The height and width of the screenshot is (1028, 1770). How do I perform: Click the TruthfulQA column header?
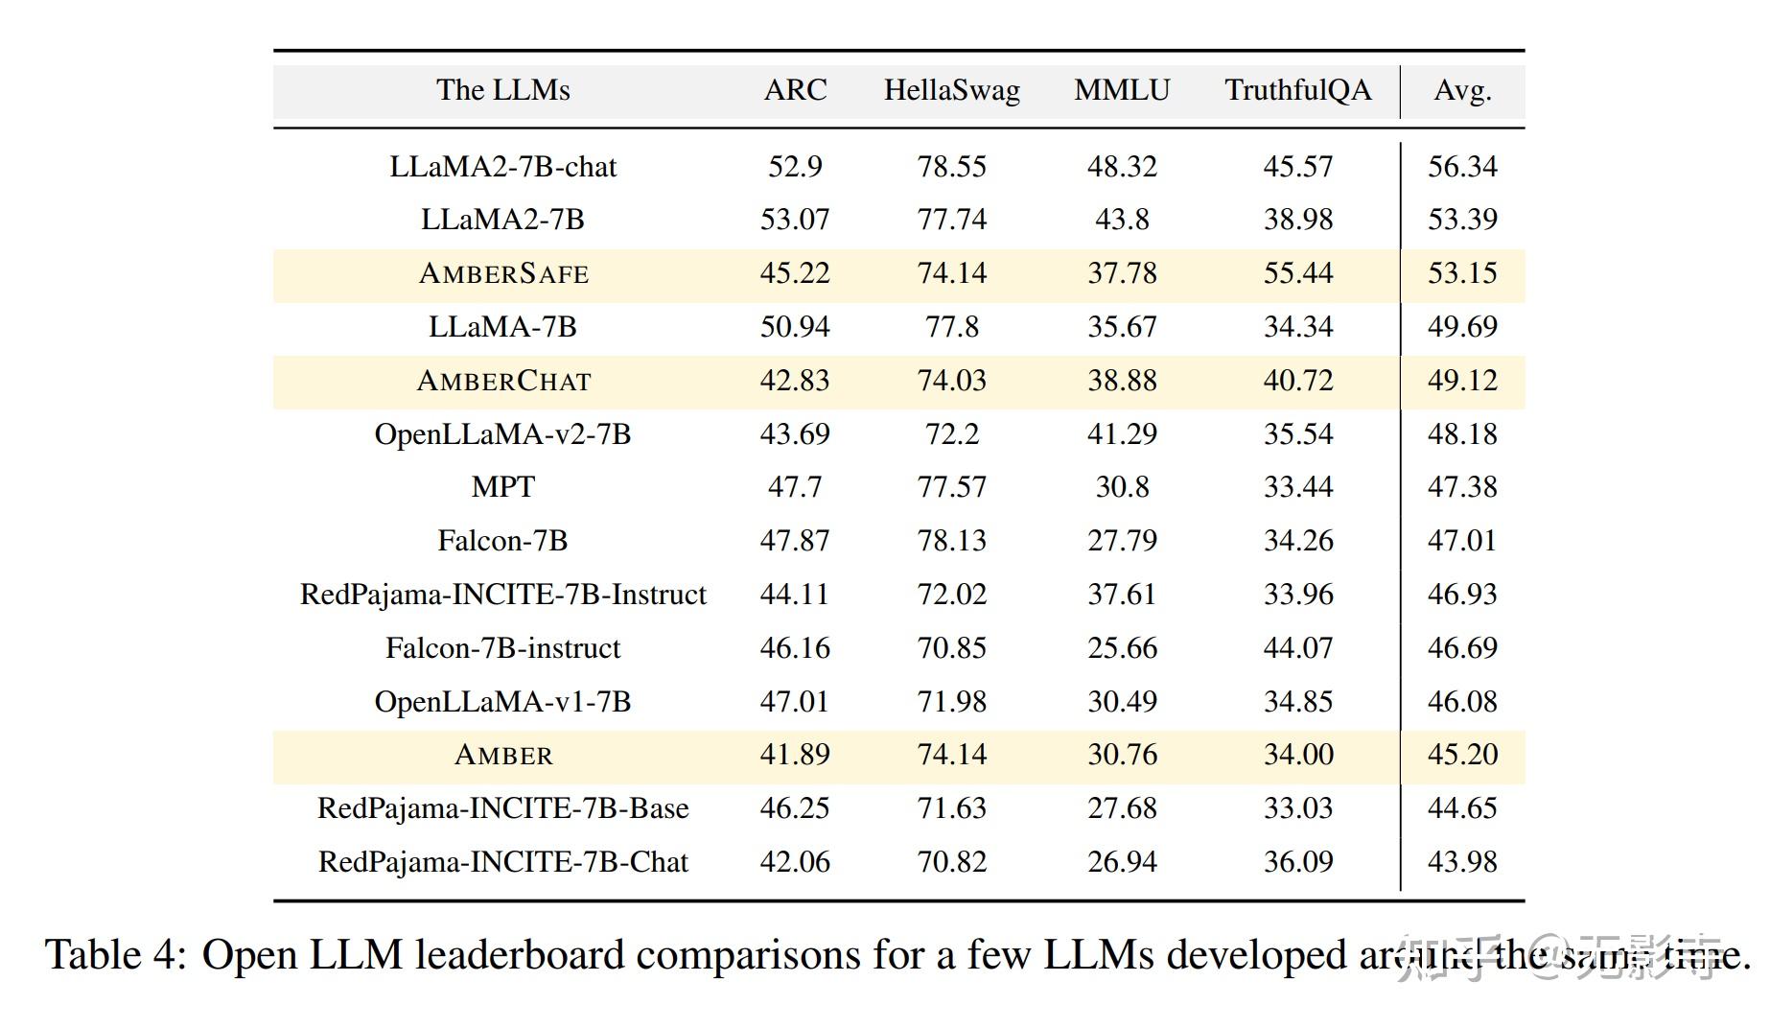point(1297,90)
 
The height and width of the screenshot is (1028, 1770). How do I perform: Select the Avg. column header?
point(1462,90)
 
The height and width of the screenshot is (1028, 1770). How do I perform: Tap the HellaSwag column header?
point(951,90)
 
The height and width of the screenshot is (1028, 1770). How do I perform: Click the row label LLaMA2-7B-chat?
point(502,167)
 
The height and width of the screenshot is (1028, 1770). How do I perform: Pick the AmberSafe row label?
point(502,274)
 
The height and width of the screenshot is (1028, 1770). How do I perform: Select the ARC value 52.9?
point(795,167)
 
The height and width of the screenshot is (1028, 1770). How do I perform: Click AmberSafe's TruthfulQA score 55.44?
point(1297,273)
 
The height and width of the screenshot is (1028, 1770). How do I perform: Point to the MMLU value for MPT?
point(1122,487)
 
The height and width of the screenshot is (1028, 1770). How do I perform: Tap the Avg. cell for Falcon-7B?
point(1461,541)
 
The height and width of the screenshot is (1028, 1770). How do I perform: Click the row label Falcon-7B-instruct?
point(502,648)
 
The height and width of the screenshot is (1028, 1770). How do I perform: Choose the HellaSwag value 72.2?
point(951,434)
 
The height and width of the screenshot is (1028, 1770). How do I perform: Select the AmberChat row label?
point(502,382)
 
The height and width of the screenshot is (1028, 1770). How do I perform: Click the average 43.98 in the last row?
point(1461,862)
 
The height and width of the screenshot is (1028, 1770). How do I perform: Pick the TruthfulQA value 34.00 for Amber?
point(1297,755)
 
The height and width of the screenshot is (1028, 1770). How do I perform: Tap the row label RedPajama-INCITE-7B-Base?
point(502,808)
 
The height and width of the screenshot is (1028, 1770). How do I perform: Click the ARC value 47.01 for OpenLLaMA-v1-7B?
point(795,702)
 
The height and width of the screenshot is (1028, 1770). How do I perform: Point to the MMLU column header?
point(1122,90)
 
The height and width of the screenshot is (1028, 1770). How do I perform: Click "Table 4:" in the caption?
point(115,955)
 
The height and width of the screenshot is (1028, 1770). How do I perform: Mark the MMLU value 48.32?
point(1122,167)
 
